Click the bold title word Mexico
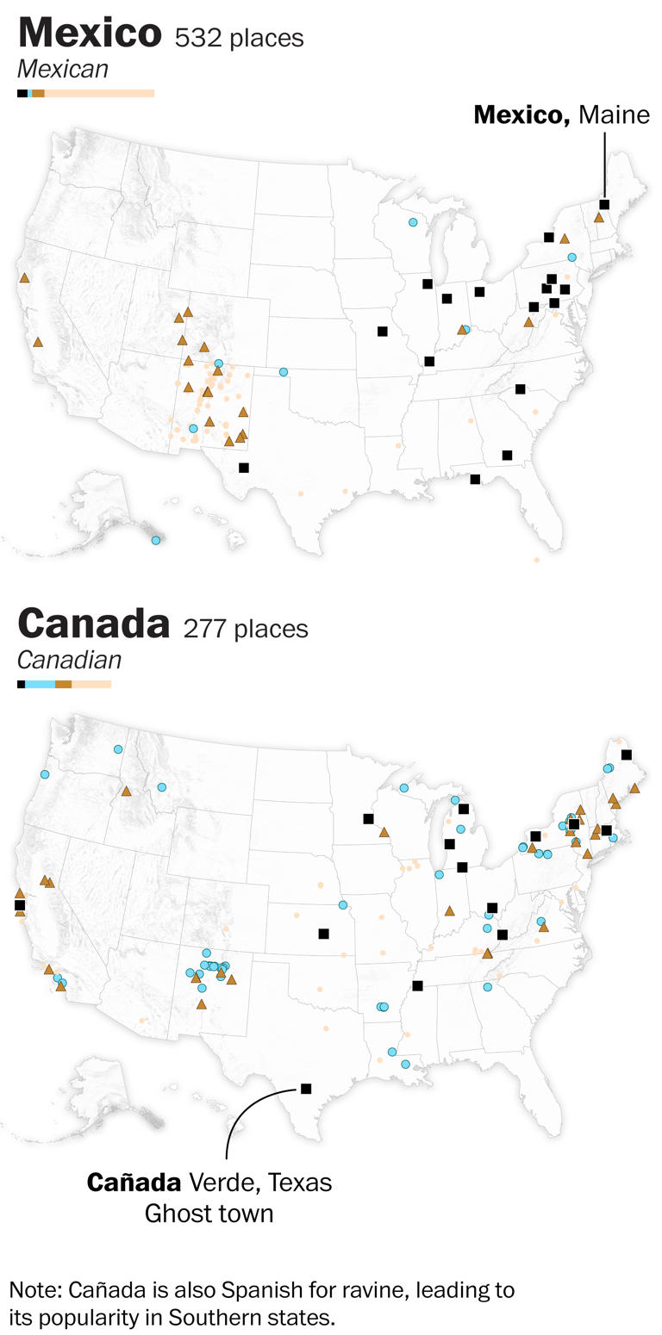[x=90, y=33]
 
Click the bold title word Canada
[x=93, y=624]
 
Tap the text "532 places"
[x=239, y=38]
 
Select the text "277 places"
[x=246, y=629]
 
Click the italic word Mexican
[x=63, y=69]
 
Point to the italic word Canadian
[x=69, y=660]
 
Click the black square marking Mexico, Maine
[x=604, y=204]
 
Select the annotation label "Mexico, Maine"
[x=561, y=115]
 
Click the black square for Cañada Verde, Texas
[x=306, y=1089]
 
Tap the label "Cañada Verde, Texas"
[x=209, y=1183]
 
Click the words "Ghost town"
[x=209, y=1214]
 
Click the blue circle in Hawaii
[x=156, y=540]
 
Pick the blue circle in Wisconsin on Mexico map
[x=413, y=222]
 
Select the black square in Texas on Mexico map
[x=244, y=468]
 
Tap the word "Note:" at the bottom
[x=35, y=1290]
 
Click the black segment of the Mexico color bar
[x=22, y=93]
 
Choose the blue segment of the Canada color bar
[x=40, y=684]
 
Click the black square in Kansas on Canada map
[x=323, y=934]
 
